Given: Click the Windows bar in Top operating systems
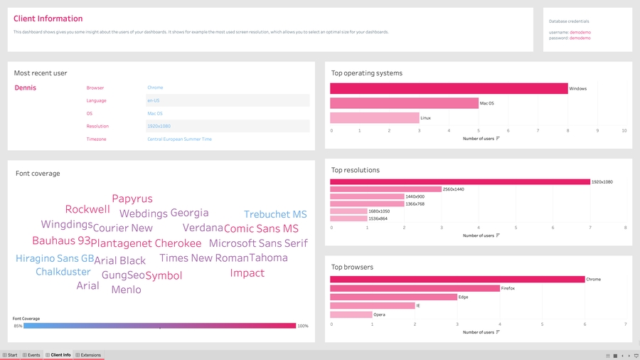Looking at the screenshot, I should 449,89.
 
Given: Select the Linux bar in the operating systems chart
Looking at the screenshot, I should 375,118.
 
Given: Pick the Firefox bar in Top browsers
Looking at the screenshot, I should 415,288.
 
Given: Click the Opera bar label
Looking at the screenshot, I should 380,314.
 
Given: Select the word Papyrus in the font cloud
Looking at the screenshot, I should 132,199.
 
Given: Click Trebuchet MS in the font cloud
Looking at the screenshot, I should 275,215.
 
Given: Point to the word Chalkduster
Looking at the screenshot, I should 63,272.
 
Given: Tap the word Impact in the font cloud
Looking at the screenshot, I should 247,273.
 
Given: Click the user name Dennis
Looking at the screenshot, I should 26,88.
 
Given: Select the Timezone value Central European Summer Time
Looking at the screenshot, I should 179,139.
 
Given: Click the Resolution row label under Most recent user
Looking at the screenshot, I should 97,127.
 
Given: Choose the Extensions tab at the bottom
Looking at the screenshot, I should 88,355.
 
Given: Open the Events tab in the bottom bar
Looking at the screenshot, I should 31,355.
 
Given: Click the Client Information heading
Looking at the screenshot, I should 48,19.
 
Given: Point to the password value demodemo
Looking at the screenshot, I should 580,38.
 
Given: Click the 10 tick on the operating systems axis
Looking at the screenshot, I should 624,131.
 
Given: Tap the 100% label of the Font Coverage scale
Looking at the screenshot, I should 303,326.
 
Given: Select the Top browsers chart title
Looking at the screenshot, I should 352,268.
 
